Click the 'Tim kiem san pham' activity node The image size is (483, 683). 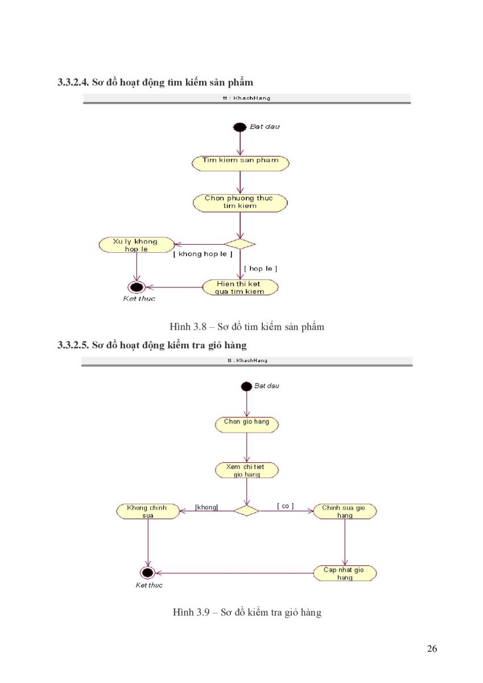[x=240, y=163]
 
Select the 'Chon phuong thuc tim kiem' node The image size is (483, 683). [x=240, y=203]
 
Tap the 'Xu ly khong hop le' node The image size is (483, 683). [x=137, y=245]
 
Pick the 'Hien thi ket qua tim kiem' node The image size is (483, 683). [x=240, y=287]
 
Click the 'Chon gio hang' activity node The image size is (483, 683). [x=246, y=425]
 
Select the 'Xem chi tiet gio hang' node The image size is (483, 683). [x=246, y=470]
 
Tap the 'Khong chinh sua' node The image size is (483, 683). [x=148, y=511]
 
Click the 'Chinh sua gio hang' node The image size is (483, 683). [x=345, y=511]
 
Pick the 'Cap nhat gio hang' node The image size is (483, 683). [x=345, y=573]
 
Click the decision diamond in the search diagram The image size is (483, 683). [x=240, y=244]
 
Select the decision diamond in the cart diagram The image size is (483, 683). [x=246, y=511]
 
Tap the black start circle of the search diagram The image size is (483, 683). [x=240, y=127]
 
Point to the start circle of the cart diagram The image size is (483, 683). [x=246, y=386]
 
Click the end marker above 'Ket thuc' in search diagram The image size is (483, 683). [x=136, y=287]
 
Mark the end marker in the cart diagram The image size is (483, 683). [x=147, y=573]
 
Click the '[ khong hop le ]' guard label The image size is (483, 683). [x=203, y=254]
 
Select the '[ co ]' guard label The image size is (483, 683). [x=285, y=506]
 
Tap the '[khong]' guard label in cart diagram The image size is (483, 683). [x=207, y=507]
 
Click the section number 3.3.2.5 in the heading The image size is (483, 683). [x=73, y=345]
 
